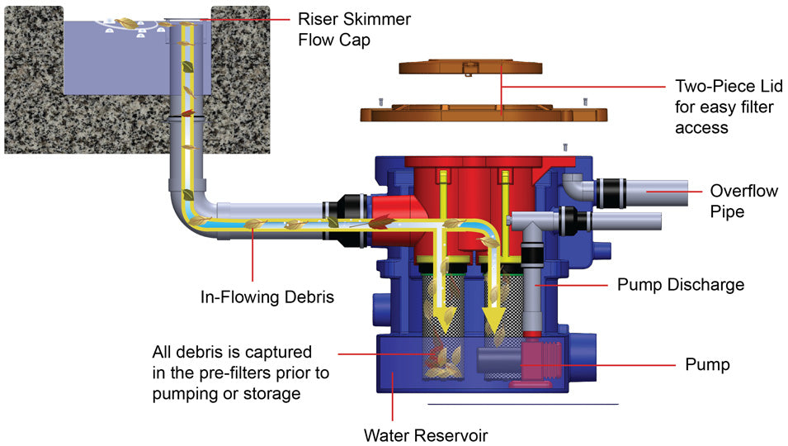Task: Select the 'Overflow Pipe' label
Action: [x=743, y=201]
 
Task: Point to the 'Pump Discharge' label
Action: [x=681, y=285]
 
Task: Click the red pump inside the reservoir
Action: [x=536, y=363]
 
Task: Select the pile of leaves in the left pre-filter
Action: [x=446, y=359]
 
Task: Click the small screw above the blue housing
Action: [x=564, y=146]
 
